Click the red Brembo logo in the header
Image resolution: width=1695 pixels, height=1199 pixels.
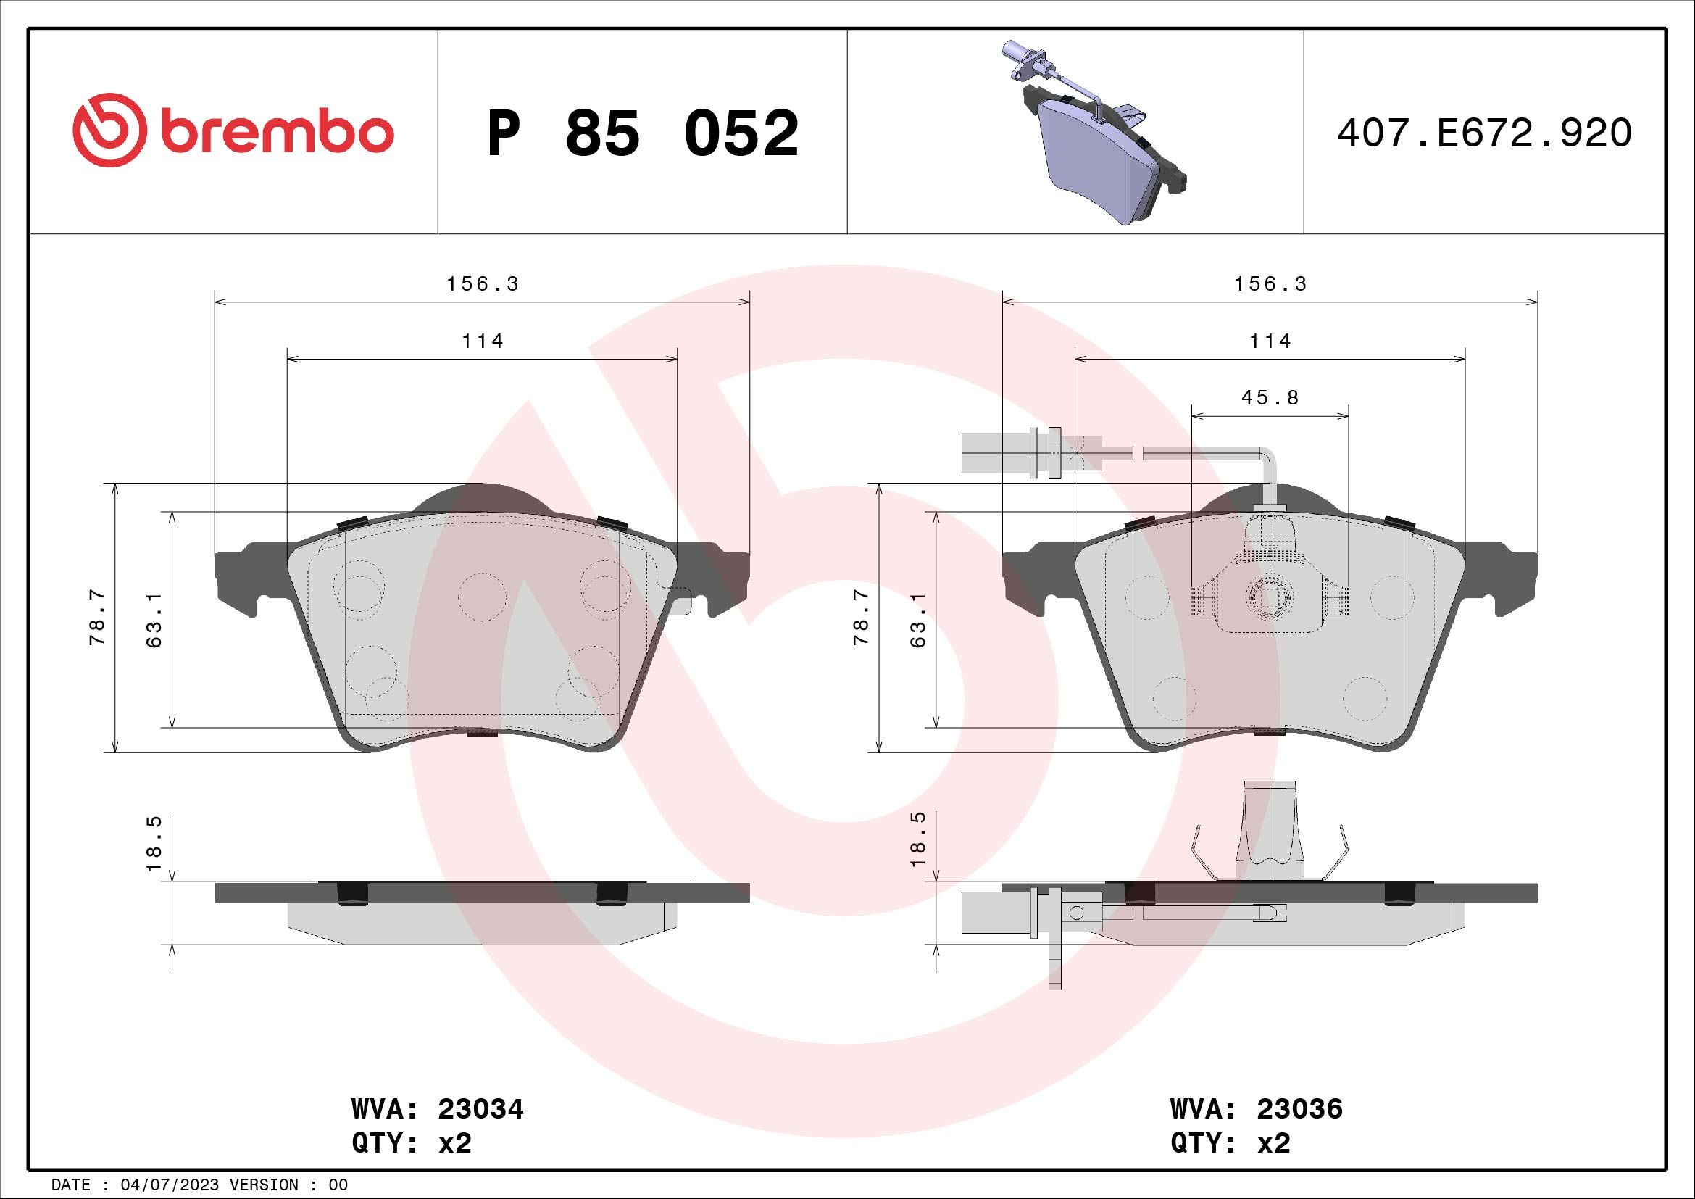click(x=233, y=130)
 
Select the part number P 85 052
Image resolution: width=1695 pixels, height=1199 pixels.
click(x=643, y=133)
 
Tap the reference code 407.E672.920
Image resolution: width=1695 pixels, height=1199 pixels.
click(x=1485, y=133)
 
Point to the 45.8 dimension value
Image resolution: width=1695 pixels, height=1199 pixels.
click(x=1270, y=398)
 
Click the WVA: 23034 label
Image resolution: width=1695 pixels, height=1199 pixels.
click(x=437, y=1109)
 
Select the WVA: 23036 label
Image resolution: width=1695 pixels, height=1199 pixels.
click(x=1257, y=1109)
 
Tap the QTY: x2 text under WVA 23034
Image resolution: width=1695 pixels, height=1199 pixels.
click(x=411, y=1144)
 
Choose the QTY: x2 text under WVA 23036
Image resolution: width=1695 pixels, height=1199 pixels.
click(x=1230, y=1144)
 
